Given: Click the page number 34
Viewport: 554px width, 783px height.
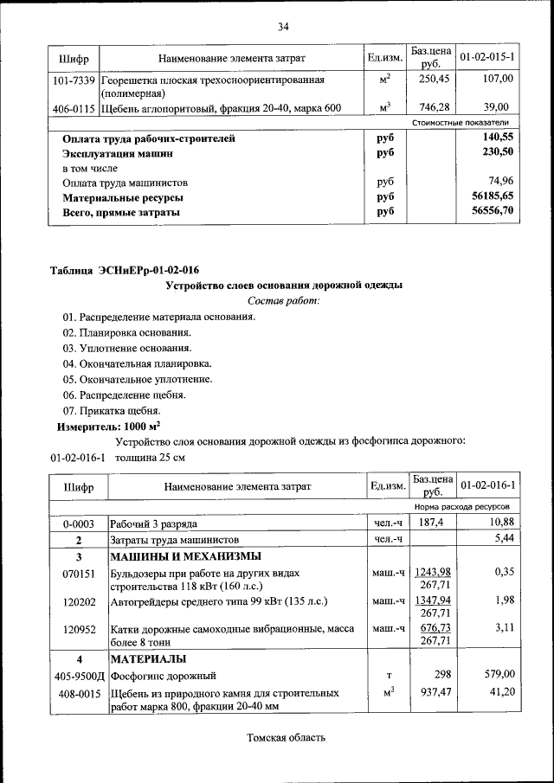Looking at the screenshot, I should pos(282,27).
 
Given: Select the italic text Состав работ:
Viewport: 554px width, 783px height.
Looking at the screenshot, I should pos(283,301).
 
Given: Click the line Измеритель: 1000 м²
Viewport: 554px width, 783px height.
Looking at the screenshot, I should pos(109,427).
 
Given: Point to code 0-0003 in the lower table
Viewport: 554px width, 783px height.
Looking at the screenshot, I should pos(78,524).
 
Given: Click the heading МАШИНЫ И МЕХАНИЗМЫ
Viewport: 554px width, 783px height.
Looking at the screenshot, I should pos(185,556).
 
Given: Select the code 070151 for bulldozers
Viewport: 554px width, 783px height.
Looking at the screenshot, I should pos(78,573).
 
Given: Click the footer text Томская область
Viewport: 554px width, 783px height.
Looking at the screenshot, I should pos(286,738).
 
